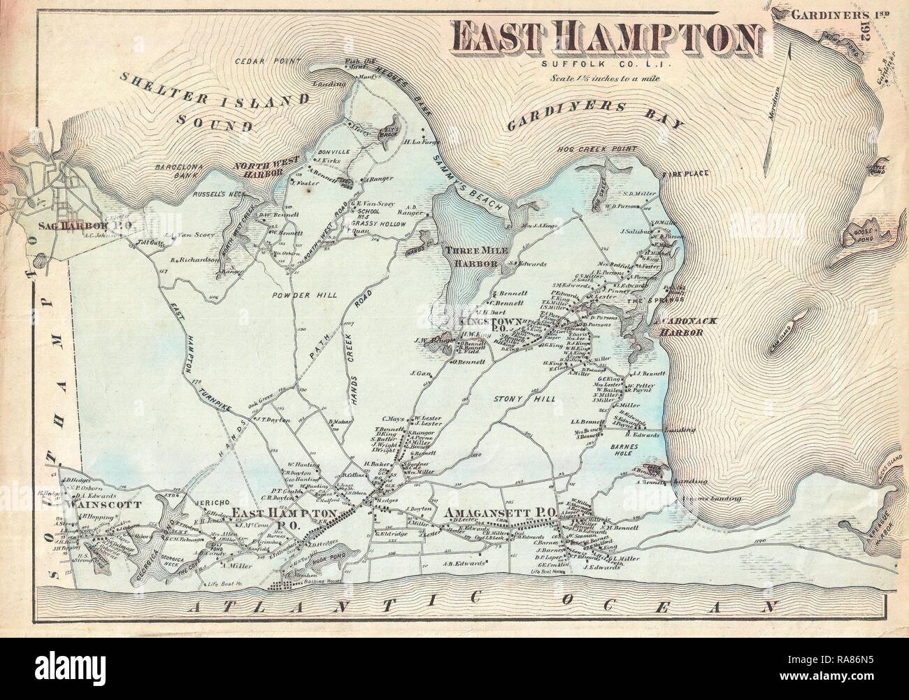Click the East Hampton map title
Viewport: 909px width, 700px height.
(606, 36)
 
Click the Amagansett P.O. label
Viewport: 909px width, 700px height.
(499, 513)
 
